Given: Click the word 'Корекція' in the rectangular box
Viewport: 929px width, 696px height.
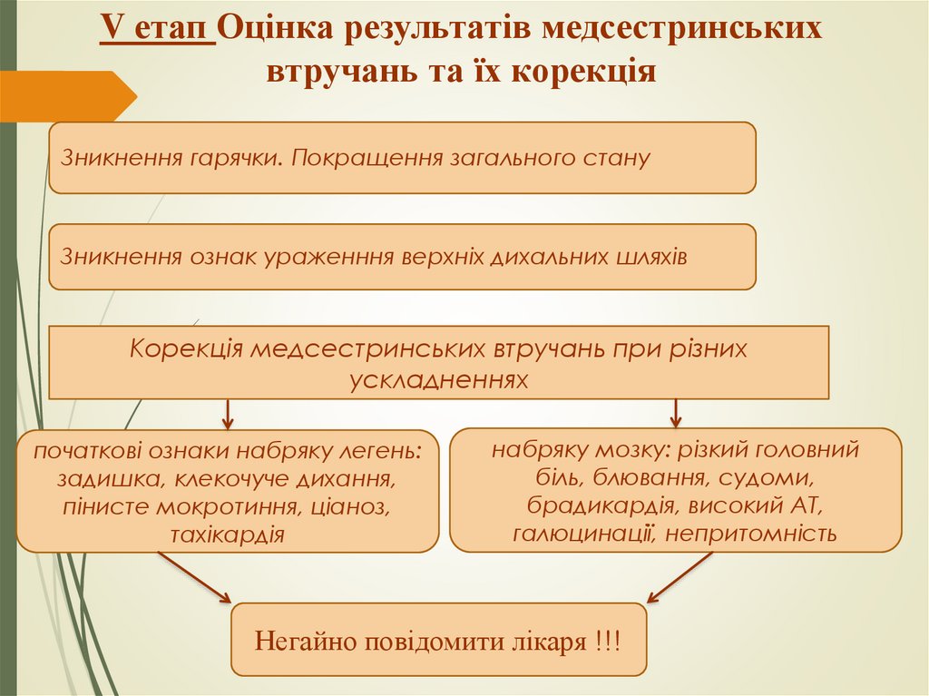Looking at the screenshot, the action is [x=184, y=349].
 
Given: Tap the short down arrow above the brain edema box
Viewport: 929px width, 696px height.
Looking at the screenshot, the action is [x=675, y=412].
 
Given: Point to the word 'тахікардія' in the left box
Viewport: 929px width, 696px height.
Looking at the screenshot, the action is [x=228, y=534].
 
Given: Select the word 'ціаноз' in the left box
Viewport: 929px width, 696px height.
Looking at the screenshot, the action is [x=355, y=506].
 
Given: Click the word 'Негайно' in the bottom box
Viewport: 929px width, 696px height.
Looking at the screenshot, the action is [x=304, y=642].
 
